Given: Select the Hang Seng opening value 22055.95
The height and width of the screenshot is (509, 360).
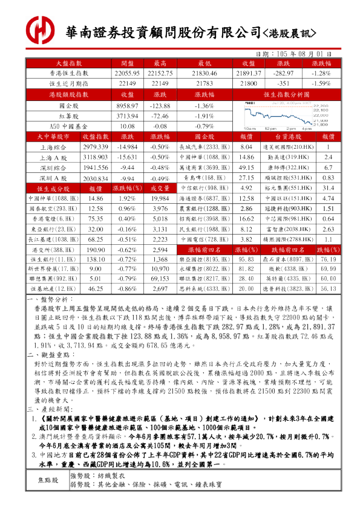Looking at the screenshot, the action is pyautogui.click(x=127, y=73).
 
